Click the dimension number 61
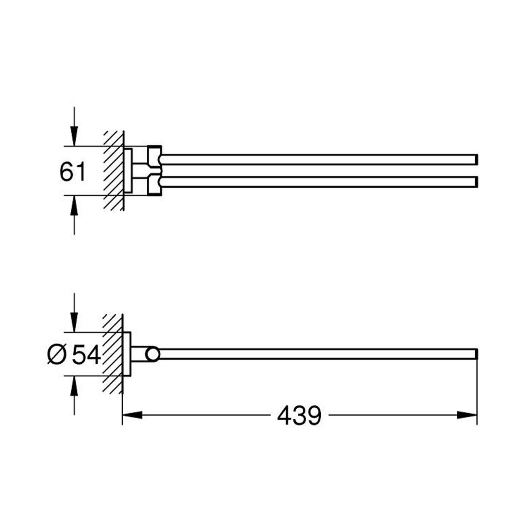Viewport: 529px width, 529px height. pyautogui.click(x=73, y=172)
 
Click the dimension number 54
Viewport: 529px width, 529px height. pyautogui.click(x=86, y=356)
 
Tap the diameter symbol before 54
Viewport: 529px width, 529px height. pyautogui.click(x=57, y=356)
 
